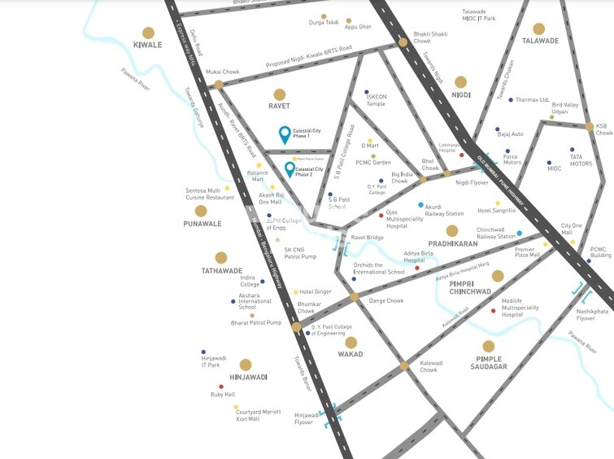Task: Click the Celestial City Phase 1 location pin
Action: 284,134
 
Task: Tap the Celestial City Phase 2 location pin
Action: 290,169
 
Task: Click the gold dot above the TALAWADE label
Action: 539,28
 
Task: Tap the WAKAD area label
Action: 351,354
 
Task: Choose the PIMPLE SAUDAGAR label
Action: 488,363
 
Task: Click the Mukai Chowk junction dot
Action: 218,84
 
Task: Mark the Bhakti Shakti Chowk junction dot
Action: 403,42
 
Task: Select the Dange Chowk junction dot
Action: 355,297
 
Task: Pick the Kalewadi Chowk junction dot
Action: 404,365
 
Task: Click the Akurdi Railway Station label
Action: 445,209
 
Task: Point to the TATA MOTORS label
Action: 581,160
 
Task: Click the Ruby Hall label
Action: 223,395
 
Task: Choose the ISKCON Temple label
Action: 377,100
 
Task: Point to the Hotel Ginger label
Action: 316,291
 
